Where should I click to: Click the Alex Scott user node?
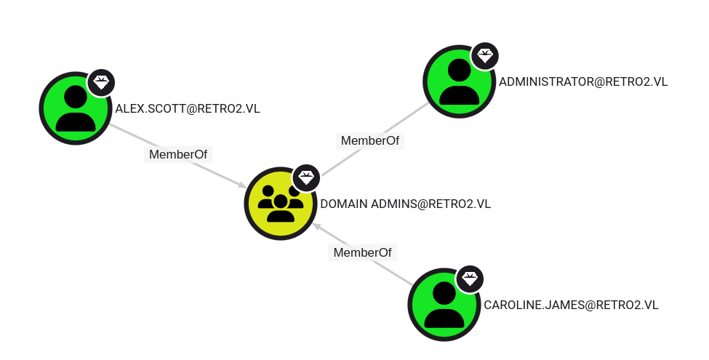(76, 108)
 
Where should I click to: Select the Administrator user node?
(459, 81)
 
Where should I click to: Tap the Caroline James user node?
(444, 305)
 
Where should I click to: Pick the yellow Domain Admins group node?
(281, 204)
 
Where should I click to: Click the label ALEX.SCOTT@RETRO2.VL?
(188, 109)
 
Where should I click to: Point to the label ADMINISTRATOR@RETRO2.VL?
(583, 82)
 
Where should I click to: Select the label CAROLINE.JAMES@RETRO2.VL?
(571, 305)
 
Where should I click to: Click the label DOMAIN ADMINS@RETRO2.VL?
(406, 204)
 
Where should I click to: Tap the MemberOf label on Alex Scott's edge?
(178, 155)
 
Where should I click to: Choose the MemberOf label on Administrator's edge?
(370, 140)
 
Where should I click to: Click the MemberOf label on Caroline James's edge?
(362, 253)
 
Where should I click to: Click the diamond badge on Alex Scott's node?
(101, 83)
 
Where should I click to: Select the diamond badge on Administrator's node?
(485, 56)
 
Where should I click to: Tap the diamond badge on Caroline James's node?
(470, 279)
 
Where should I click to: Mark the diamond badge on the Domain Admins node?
(306, 177)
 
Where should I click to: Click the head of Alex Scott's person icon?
(76, 97)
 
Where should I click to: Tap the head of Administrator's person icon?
(460, 70)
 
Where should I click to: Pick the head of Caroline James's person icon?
(444, 293)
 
